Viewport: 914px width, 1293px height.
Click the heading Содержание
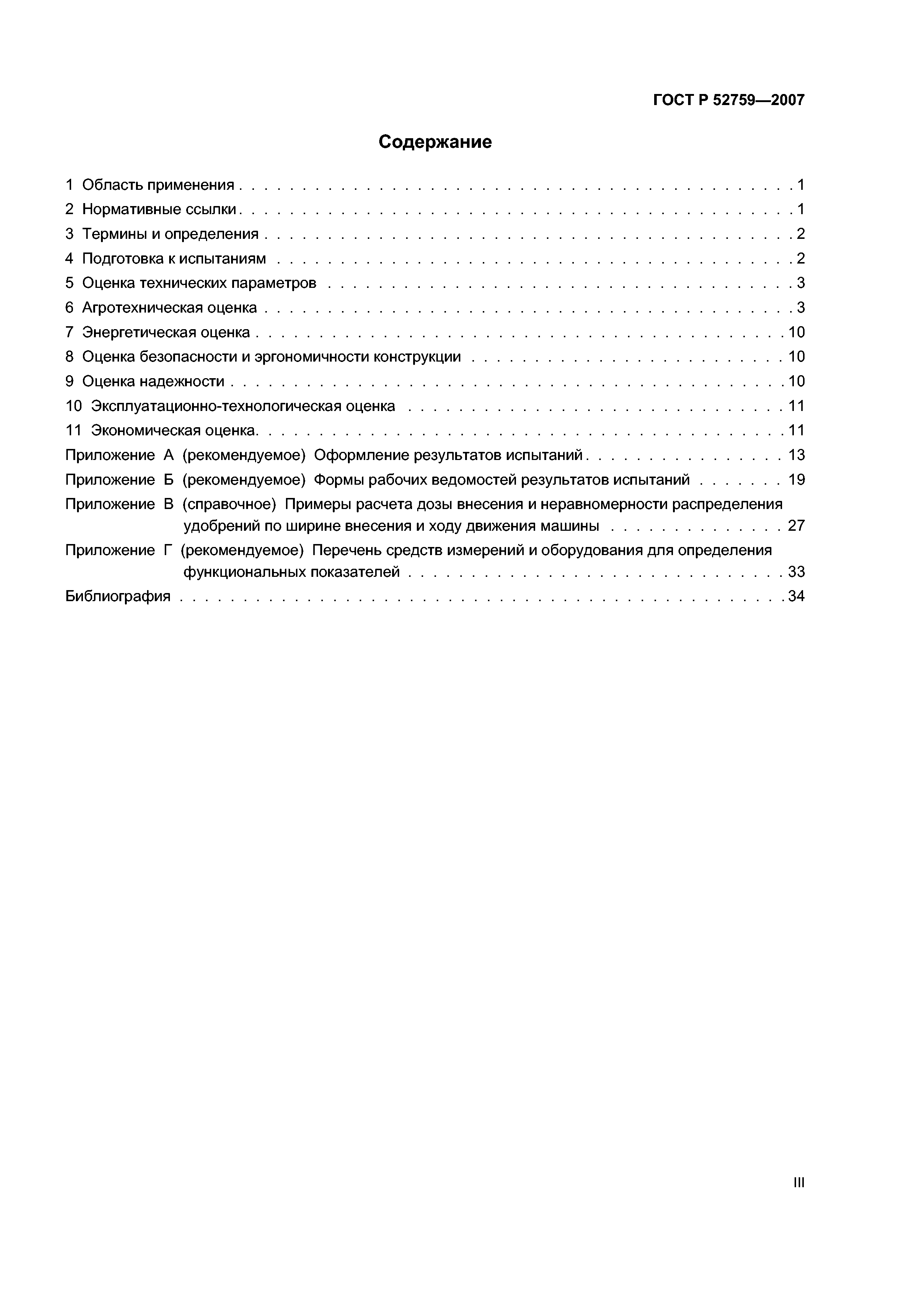point(435,142)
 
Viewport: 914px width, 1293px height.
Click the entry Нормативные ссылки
point(159,209)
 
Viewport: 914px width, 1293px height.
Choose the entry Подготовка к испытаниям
point(174,258)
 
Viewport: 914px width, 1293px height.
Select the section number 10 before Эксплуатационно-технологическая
point(74,406)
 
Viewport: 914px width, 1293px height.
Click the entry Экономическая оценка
point(174,431)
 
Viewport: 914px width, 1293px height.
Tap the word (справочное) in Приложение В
point(229,504)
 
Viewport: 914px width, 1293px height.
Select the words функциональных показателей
point(291,572)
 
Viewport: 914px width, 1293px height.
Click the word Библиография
point(118,596)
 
